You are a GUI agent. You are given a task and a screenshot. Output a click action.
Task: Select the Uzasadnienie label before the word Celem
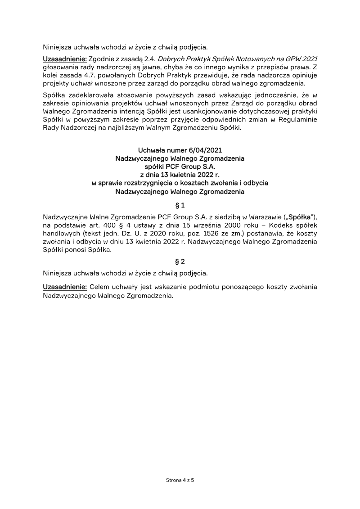65,287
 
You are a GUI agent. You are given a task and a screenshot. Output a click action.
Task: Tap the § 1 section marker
180,206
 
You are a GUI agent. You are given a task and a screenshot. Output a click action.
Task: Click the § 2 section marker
180,261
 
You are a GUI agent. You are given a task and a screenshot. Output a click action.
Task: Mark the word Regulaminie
297,120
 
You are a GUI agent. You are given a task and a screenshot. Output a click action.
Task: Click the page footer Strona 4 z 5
180,480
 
